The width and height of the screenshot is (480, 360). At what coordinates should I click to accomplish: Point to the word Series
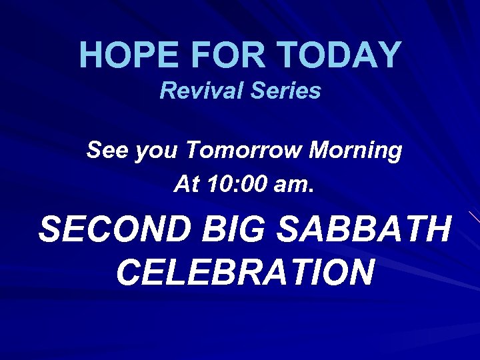285,91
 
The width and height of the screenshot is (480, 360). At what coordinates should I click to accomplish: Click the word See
108,151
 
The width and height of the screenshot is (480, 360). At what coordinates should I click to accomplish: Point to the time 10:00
236,183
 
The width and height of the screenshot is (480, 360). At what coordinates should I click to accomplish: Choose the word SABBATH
363,230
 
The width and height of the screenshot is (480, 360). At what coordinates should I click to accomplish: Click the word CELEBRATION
244,272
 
